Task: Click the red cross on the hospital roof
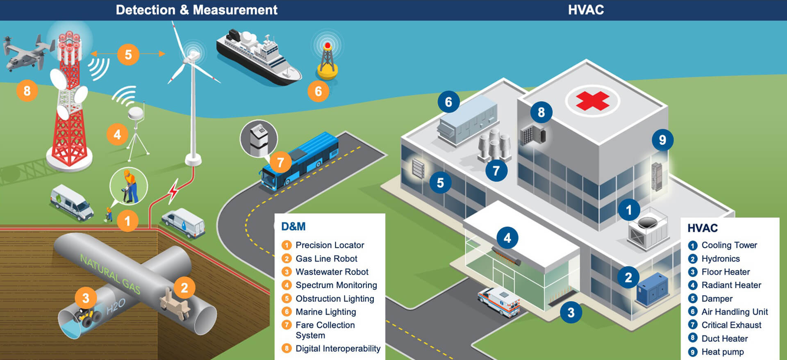[x=592, y=101]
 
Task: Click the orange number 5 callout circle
[x=128, y=55]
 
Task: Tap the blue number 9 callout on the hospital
[x=662, y=140]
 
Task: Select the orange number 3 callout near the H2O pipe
[x=86, y=298]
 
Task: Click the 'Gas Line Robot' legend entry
[x=326, y=259]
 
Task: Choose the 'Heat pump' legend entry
[x=722, y=352]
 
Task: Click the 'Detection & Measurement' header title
[x=196, y=10]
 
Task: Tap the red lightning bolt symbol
[x=174, y=191]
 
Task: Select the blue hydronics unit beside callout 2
[x=652, y=289]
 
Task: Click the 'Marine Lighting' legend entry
[x=325, y=312]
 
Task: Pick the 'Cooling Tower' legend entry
[x=729, y=245]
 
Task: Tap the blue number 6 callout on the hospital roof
[x=448, y=102]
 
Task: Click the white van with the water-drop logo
[x=183, y=223]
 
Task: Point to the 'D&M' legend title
[x=293, y=226]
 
